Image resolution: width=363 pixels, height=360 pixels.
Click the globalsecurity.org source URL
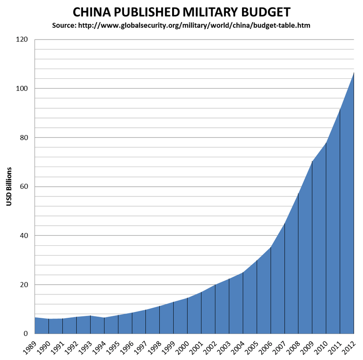(x=194, y=25)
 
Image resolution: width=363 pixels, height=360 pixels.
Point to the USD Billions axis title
(x=9, y=186)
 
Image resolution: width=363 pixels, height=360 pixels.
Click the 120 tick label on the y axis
(x=23, y=40)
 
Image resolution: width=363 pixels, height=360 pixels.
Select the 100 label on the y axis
(x=23, y=89)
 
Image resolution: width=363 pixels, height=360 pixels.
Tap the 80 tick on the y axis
(x=24, y=138)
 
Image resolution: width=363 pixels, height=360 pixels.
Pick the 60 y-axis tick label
(x=24, y=187)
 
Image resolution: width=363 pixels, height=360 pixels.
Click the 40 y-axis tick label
(x=24, y=236)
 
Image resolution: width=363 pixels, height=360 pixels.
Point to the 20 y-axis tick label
(x=24, y=285)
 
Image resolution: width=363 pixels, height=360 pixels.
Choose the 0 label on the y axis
(x=26, y=334)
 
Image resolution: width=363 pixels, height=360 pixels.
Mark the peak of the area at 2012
(x=354, y=73)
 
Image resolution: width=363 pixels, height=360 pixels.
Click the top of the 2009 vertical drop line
(x=312, y=161)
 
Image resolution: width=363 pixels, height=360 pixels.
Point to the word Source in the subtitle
(x=64, y=25)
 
